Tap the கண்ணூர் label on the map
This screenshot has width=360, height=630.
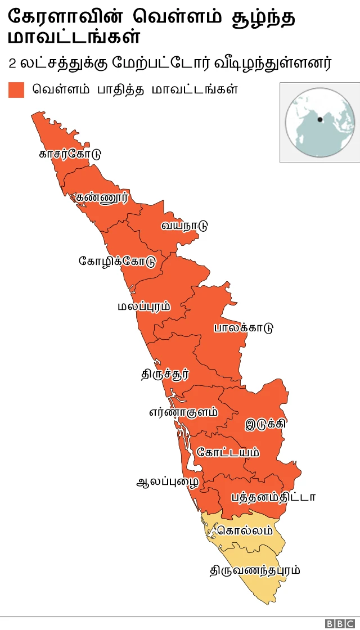tap(102, 197)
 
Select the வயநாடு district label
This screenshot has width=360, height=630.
tap(184, 226)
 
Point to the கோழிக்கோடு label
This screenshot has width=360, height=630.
tap(117, 262)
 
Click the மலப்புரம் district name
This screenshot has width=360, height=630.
tap(144, 307)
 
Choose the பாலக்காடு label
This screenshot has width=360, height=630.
tap(243, 328)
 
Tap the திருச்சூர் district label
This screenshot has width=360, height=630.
tap(165, 373)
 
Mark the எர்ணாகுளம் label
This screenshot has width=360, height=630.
tap(183, 412)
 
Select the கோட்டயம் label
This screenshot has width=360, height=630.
tap(228, 452)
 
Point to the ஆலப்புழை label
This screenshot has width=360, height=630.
tap(168, 483)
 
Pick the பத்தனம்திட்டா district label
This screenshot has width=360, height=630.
tap(273, 497)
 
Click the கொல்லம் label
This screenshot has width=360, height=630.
tap(245, 530)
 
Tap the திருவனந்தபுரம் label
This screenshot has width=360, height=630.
tap(255, 570)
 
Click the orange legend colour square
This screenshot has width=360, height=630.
tap(16, 90)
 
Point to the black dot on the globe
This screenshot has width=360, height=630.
tap(320, 119)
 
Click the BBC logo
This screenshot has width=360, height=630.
tap(337, 623)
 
